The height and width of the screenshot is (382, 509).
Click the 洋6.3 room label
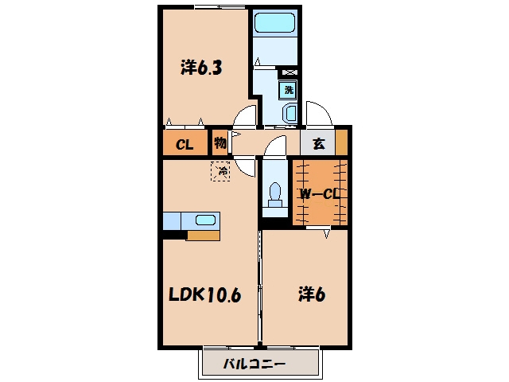click(x=201, y=68)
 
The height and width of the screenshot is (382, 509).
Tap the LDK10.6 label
click(x=205, y=295)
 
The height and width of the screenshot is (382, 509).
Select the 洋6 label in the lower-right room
click(x=312, y=294)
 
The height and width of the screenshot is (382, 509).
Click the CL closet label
click(x=185, y=144)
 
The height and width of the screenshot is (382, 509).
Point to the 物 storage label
click(x=220, y=142)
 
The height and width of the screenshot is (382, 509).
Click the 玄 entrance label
click(x=318, y=143)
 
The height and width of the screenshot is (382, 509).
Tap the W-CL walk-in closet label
click(x=320, y=194)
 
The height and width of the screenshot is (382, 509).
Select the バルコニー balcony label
click(x=254, y=364)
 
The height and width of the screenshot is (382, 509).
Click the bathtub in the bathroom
click(x=275, y=22)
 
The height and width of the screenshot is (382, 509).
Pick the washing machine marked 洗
click(x=288, y=90)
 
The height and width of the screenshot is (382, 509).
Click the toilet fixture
click(x=275, y=195)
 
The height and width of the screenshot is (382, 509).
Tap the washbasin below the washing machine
click(x=289, y=113)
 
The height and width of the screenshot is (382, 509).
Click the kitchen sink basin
click(x=205, y=220)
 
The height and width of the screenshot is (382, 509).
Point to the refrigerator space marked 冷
click(x=221, y=171)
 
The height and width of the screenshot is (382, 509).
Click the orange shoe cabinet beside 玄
click(x=341, y=142)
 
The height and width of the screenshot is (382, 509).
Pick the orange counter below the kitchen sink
click(x=204, y=236)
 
